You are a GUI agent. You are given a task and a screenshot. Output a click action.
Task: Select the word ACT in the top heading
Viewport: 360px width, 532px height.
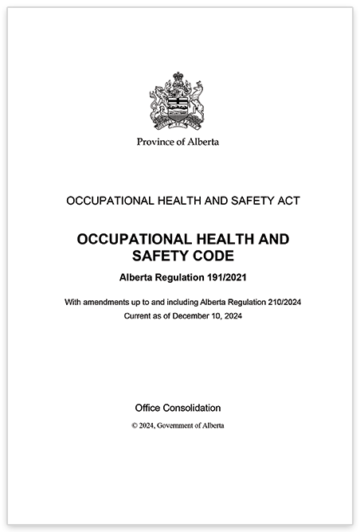[286, 201]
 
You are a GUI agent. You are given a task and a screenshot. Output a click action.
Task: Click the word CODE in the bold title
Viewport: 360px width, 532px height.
[209, 256]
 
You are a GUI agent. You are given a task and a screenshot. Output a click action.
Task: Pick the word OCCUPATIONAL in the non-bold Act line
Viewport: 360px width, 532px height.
[107, 201]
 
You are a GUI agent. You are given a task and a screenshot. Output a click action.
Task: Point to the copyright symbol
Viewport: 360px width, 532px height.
[135, 426]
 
